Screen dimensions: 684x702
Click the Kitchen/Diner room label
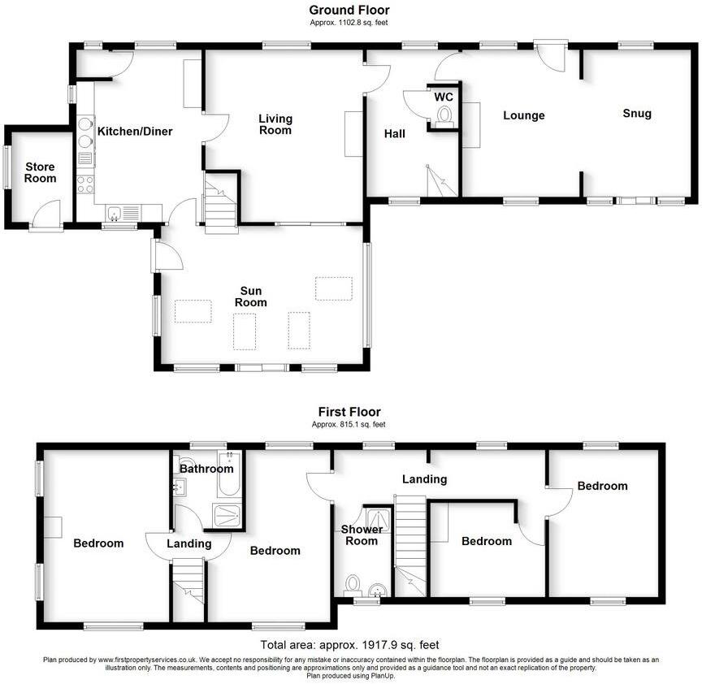pyautogui.click(x=135, y=131)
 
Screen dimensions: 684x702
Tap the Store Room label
pyautogui.click(x=40, y=172)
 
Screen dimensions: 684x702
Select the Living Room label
pyautogui.click(x=275, y=124)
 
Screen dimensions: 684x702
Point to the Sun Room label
pyautogui.click(x=251, y=297)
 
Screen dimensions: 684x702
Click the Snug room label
pyautogui.click(x=637, y=114)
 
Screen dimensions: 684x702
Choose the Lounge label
pyautogui.click(x=523, y=115)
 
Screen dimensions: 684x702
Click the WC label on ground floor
pyautogui.click(x=444, y=97)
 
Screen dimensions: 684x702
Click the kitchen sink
pyautogui.click(x=115, y=214)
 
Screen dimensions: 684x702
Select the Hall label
pyautogui.click(x=395, y=133)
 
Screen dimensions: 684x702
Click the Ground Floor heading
pyautogui.click(x=349, y=10)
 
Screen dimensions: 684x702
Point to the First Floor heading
pyautogui.click(x=349, y=412)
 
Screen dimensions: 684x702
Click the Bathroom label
pyautogui.click(x=206, y=469)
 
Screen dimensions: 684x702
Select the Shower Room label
pyautogui.click(x=362, y=535)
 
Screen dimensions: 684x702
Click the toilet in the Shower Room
pyautogui.click(x=353, y=584)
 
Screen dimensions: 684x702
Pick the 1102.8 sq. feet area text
pyautogui.click(x=349, y=23)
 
